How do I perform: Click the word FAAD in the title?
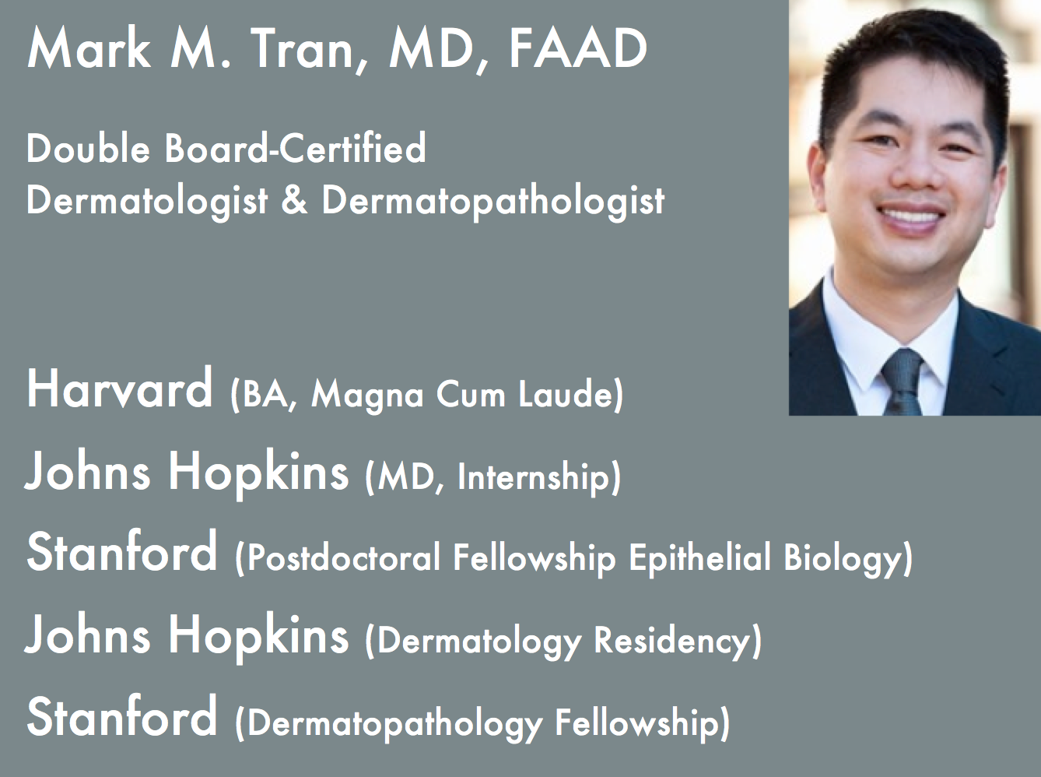pyautogui.click(x=577, y=48)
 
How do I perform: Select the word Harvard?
pyautogui.click(x=120, y=388)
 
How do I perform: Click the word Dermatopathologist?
pyautogui.click(x=493, y=201)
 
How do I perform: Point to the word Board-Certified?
pyautogui.click(x=296, y=148)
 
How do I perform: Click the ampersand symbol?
pyautogui.click(x=294, y=200)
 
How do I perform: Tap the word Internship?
pyautogui.click(x=538, y=477)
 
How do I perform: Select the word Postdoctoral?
pyautogui.click(x=344, y=559)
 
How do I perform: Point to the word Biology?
pyautogui.click(x=846, y=559)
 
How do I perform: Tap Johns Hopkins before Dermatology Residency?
pyautogui.click(x=187, y=635)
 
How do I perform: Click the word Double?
pyautogui.click(x=88, y=148)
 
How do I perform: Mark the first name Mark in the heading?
pyautogui.click(x=89, y=48)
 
